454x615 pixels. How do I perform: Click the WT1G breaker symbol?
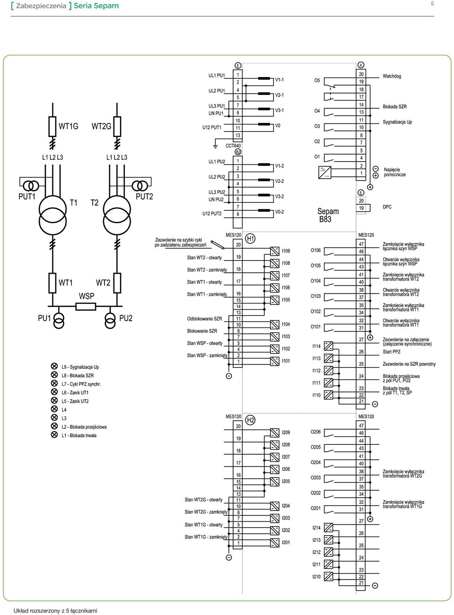52,126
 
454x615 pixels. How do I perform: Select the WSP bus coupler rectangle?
86,306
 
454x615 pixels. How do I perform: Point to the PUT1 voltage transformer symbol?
31,185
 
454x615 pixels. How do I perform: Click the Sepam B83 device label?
328,215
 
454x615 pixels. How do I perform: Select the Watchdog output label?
392,76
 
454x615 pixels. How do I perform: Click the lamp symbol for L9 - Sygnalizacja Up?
54,366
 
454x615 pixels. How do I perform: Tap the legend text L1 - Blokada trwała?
79,435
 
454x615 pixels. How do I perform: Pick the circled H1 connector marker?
250,238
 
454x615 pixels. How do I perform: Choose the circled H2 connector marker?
250,420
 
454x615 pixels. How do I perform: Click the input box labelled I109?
274,251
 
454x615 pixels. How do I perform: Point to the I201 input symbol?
274,543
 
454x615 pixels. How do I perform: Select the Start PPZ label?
392,352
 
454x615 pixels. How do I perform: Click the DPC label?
387,207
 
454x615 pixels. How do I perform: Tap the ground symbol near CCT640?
215,146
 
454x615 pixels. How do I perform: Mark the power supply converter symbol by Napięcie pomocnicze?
324,172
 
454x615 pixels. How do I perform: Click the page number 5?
432,4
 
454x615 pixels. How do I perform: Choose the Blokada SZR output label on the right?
394,106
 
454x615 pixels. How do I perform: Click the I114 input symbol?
329,346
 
